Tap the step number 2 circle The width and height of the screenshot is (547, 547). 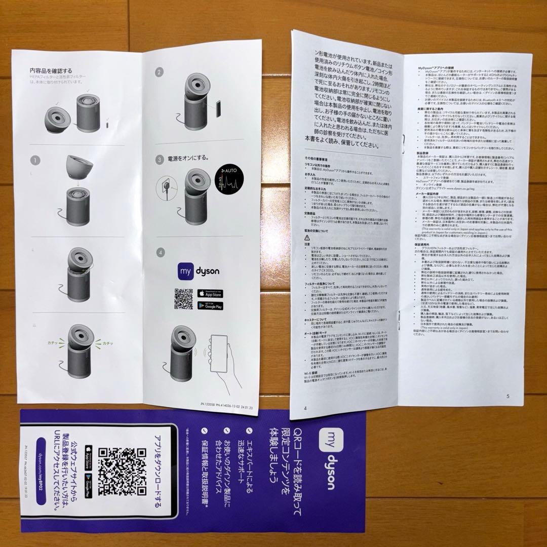(160, 73)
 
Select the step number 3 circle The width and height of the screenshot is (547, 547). (160, 160)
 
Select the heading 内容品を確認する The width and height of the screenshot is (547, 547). (51, 70)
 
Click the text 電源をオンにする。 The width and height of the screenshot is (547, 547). (193, 160)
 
